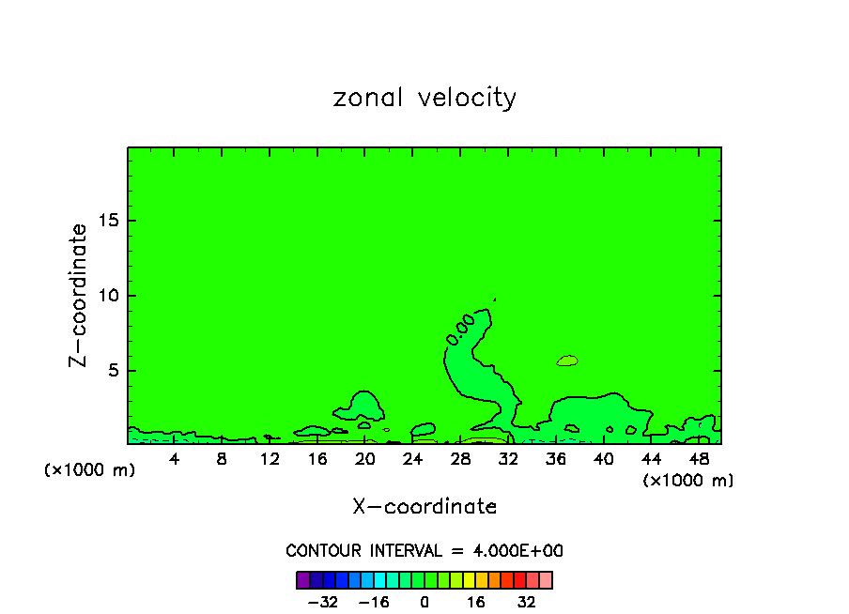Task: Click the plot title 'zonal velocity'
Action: tap(424, 98)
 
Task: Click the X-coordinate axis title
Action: tap(424, 507)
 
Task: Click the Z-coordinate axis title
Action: tap(80, 295)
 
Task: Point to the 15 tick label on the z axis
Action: tap(108, 221)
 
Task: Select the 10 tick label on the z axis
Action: tap(108, 296)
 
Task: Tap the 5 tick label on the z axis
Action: tap(113, 370)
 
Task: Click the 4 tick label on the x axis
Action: tap(175, 459)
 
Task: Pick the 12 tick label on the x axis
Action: tap(270, 459)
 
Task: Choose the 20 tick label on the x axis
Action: tap(364, 459)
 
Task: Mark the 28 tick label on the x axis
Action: tap(460, 459)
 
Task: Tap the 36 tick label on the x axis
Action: tap(555, 459)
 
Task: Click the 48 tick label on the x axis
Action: tap(698, 459)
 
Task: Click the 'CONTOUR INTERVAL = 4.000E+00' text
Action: tap(424, 551)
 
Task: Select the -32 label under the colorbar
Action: tap(322, 602)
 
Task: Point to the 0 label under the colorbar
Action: tap(424, 602)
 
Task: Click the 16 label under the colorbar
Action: tap(476, 602)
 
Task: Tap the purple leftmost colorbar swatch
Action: tap(302, 579)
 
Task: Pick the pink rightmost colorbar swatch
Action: tap(546, 579)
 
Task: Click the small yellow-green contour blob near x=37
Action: tap(567, 361)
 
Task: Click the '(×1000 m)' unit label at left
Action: tap(90, 470)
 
